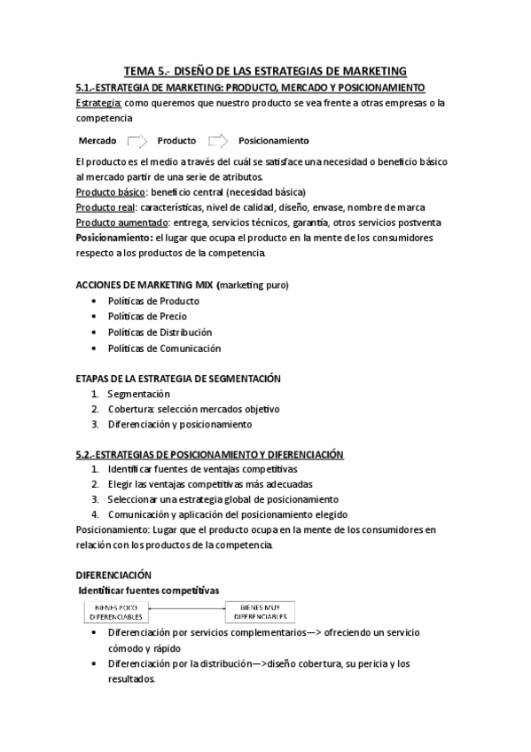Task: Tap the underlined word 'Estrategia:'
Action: click(99, 103)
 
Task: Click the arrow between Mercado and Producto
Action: click(137, 140)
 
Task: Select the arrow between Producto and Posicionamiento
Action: click(218, 140)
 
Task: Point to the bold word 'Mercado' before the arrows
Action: click(98, 141)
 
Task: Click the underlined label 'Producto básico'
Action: click(112, 192)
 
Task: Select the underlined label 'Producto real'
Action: click(105, 207)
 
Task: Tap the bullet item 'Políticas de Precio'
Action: click(147, 316)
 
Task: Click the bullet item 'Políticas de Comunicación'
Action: click(164, 348)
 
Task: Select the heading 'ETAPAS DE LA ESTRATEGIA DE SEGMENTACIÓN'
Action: click(178, 379)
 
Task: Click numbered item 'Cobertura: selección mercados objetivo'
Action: click(193, 409)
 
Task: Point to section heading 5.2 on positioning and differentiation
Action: click(209, 454)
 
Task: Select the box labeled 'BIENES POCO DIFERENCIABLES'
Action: click(116, 612)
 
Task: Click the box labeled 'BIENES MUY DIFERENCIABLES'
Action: click(262, 612)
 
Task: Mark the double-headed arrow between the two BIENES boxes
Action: click(189, 608)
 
